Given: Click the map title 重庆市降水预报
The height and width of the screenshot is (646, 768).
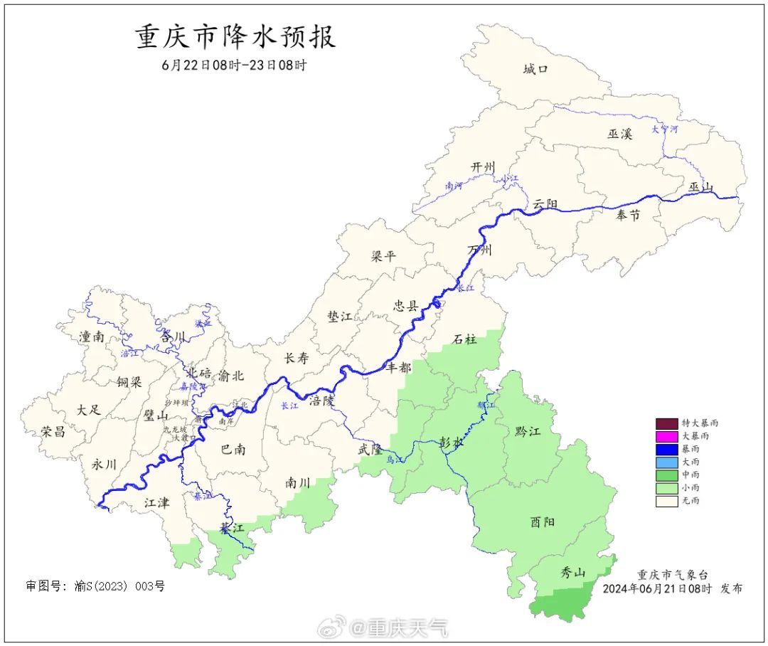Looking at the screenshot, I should tap(235, 37).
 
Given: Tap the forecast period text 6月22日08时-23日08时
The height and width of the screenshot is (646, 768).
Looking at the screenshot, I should tap(234, 65).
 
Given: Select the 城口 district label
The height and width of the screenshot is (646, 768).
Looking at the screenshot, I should tap(535, 69).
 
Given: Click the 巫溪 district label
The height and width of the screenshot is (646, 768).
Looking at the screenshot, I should tap(619, 133).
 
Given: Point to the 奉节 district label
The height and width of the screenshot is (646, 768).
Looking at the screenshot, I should tap(628, 215).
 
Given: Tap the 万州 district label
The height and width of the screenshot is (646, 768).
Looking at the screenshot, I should tap(480, 250).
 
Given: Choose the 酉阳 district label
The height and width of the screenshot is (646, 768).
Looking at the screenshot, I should tap(543, 521).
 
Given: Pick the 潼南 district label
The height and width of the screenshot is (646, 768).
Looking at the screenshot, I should tap(92, 337).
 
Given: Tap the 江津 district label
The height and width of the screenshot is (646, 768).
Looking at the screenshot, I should tap(156, 503).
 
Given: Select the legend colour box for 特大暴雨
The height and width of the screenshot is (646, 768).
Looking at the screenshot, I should tap(666, 423).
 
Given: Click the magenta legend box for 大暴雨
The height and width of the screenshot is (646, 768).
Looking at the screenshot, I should tap(666, 435).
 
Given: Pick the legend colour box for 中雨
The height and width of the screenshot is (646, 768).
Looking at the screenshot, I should tap(666, 475).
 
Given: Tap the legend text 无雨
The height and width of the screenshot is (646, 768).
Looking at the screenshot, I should tap(690, 501).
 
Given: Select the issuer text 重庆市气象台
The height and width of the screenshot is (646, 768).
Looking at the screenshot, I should tap(672, 575).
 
